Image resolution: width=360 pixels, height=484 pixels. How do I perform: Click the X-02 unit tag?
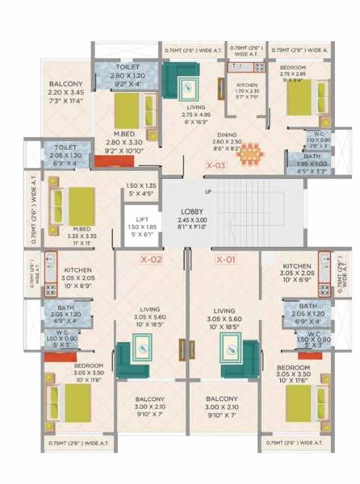click(152, 260)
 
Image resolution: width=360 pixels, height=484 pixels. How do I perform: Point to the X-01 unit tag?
click(225, 260)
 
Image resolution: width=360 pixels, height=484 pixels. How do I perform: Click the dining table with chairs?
click(250, 152)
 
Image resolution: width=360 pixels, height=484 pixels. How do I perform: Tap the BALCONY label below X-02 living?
click(151, 399)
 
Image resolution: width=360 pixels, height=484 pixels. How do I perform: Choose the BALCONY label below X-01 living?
click(220, 399)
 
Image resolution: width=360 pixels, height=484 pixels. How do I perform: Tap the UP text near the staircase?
click(207, 192)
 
